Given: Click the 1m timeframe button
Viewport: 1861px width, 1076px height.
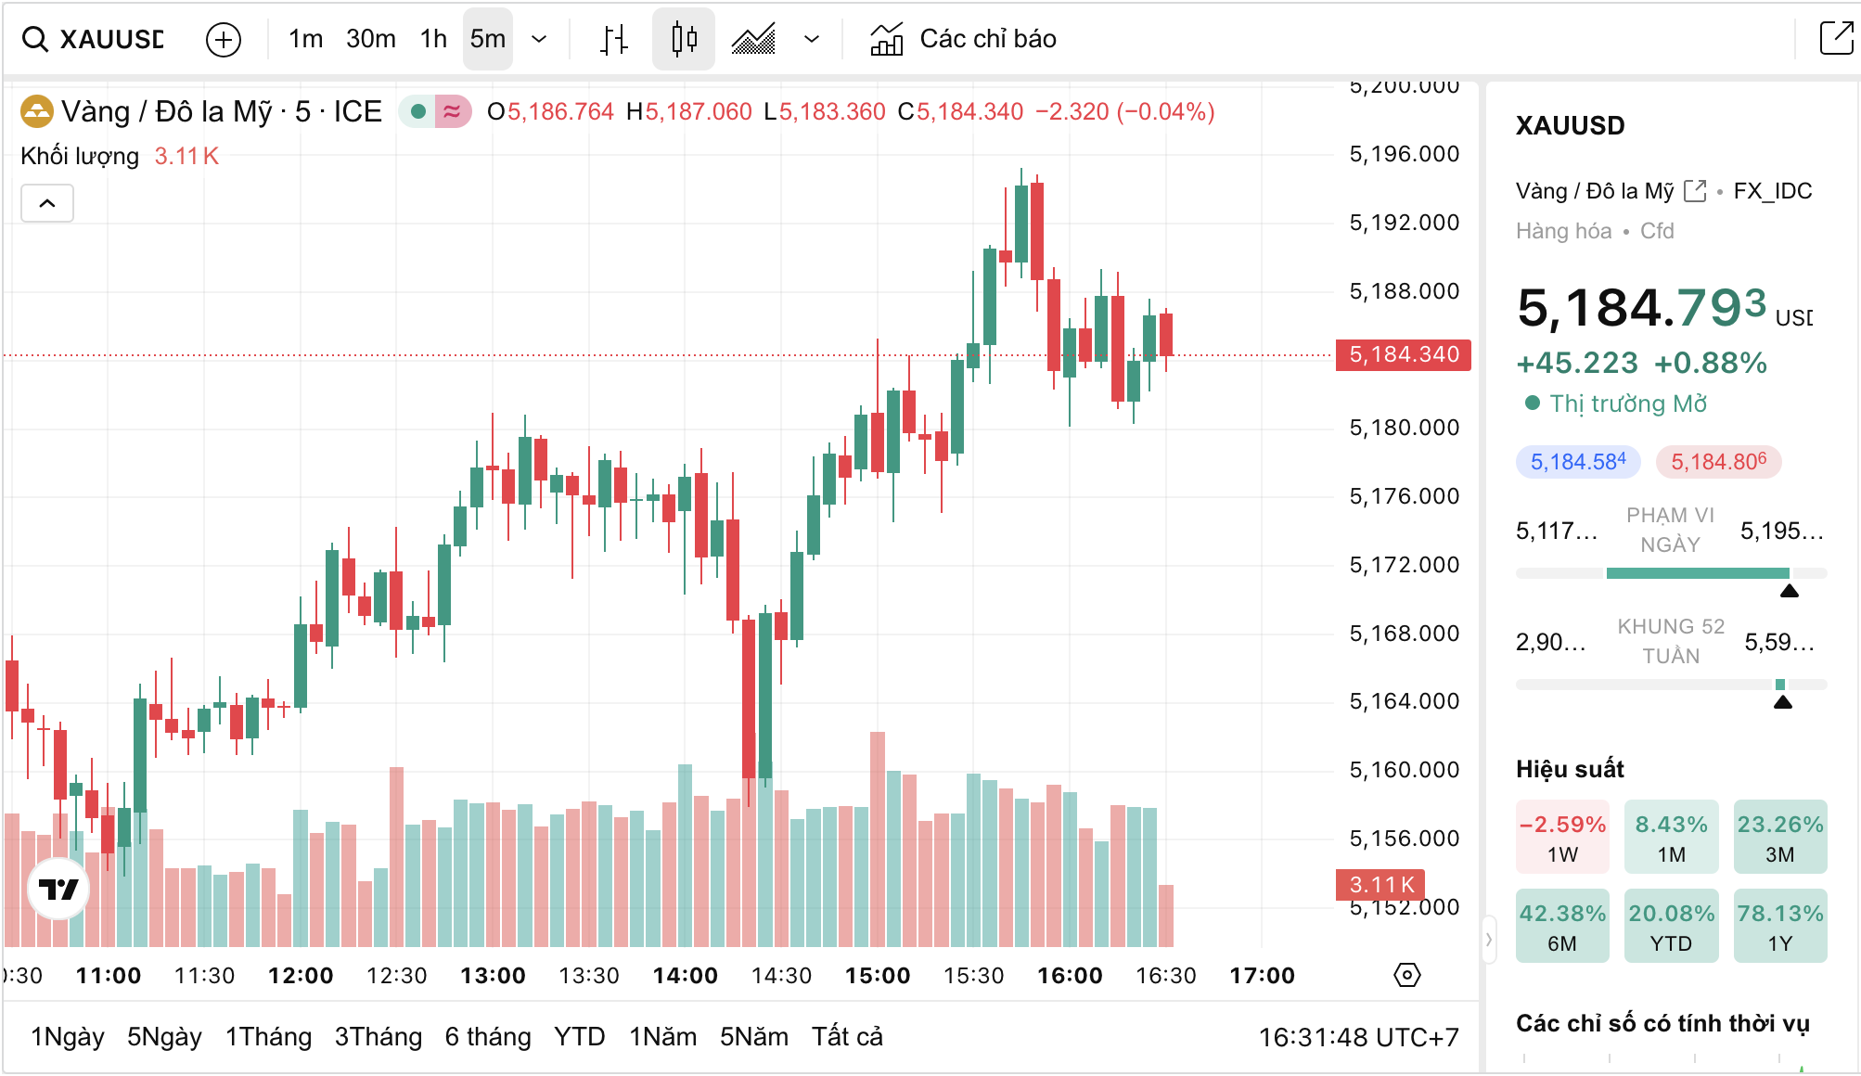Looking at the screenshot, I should [x=305, y=39].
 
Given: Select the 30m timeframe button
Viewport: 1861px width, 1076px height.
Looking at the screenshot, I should [x=370, y=39].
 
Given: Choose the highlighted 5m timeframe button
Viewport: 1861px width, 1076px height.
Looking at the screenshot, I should [x=487, y=39].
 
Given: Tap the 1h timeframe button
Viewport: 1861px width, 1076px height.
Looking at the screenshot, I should [x=433, y=39].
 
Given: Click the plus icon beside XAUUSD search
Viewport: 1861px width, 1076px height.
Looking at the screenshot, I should [x=224, y=40].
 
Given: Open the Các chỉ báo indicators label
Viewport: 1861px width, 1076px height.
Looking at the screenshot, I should [x=987, y=39].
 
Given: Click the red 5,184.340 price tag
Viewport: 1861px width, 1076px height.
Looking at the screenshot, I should [x=1403, y=354].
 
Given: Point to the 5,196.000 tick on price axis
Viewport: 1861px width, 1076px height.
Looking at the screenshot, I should [x=1404, y=154].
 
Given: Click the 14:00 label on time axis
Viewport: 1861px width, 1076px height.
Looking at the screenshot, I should [x=685, y=976].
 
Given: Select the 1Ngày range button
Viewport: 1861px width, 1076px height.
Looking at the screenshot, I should [x=68, y=1036].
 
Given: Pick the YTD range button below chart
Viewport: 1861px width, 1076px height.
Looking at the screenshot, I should [x=579, y=1036].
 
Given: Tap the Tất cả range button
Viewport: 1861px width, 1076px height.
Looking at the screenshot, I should [x=847, y=1036].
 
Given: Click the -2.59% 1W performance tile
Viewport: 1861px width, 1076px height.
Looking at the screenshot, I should [x=1562, y=838].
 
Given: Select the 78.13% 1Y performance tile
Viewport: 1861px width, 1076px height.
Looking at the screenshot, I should [x=1779, y=927].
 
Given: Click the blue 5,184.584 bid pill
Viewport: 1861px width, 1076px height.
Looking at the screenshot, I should [x=1578, y=462].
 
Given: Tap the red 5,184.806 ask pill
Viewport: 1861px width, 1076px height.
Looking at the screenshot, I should [x=1718, y=462].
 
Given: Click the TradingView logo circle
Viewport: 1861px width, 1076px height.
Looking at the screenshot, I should [x=58, y=889].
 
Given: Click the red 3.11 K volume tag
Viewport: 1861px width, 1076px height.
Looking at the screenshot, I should [x=1380, y=885].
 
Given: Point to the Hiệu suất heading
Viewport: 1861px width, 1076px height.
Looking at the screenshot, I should [x=1570, y=769].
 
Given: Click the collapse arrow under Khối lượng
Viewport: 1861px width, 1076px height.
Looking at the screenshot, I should [x=47, y=203].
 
